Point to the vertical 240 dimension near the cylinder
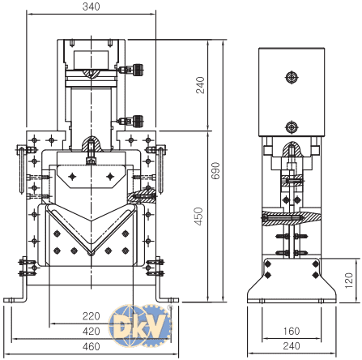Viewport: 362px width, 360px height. click(x=199, y=84)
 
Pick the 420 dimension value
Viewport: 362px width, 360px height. click(x=90, y=332)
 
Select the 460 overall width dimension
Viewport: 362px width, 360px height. click(x=90, y=347)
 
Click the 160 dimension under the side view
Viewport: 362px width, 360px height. click(x=292, y=331)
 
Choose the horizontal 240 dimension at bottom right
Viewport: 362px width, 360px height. click(x=292, y=346)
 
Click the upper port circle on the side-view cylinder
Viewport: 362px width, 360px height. click(x=292, y=77)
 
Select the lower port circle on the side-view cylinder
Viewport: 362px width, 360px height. click(x=292, y=126)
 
